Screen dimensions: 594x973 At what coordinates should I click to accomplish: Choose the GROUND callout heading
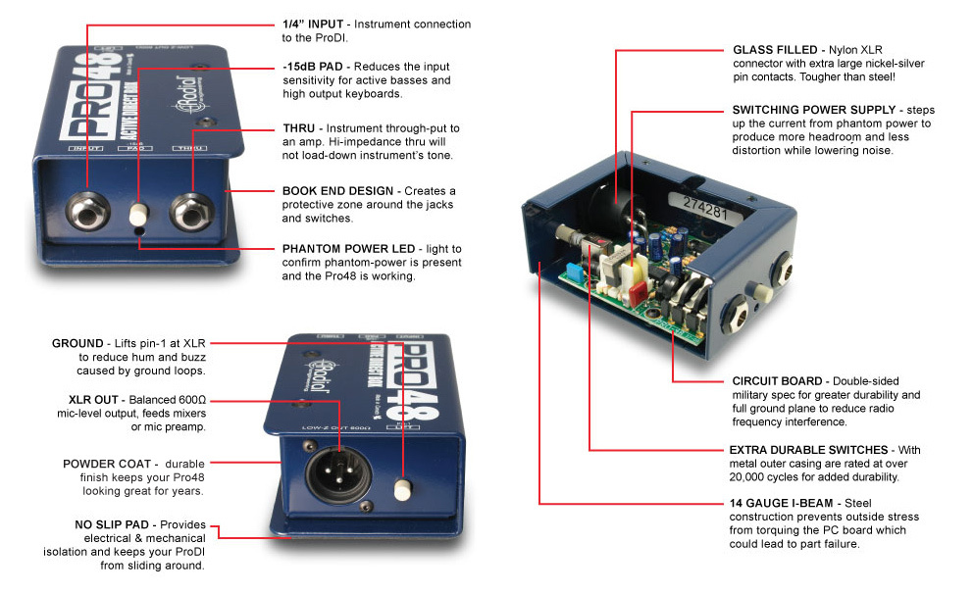(x=77, y=344)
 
